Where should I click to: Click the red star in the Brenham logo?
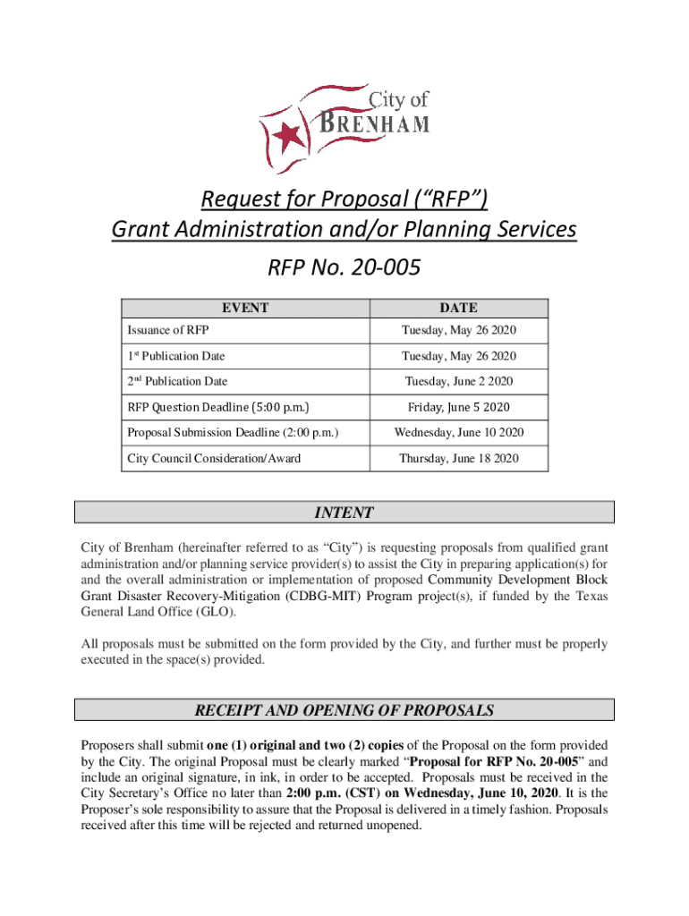tap(288, 137)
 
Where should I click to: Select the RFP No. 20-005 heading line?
tap(344, 267)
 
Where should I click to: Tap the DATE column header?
tap(459, 308)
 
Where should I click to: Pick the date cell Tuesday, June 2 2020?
tap(459, 381)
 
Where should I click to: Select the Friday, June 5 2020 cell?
tap(459, 407)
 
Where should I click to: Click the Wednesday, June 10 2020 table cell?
tap(459, 433)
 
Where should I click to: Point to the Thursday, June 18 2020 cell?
tap(459, 459)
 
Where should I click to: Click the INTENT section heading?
tap(344, 513)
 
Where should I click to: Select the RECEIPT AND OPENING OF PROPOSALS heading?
tap(344, 711)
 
